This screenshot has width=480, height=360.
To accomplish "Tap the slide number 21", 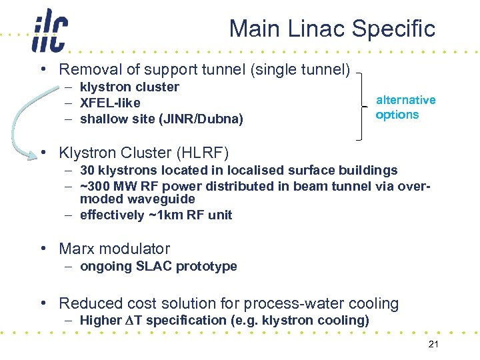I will coord(433,344).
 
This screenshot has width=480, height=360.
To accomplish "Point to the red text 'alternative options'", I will coord(405,107).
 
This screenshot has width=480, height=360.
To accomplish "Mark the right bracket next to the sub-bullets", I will coord(361,103).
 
